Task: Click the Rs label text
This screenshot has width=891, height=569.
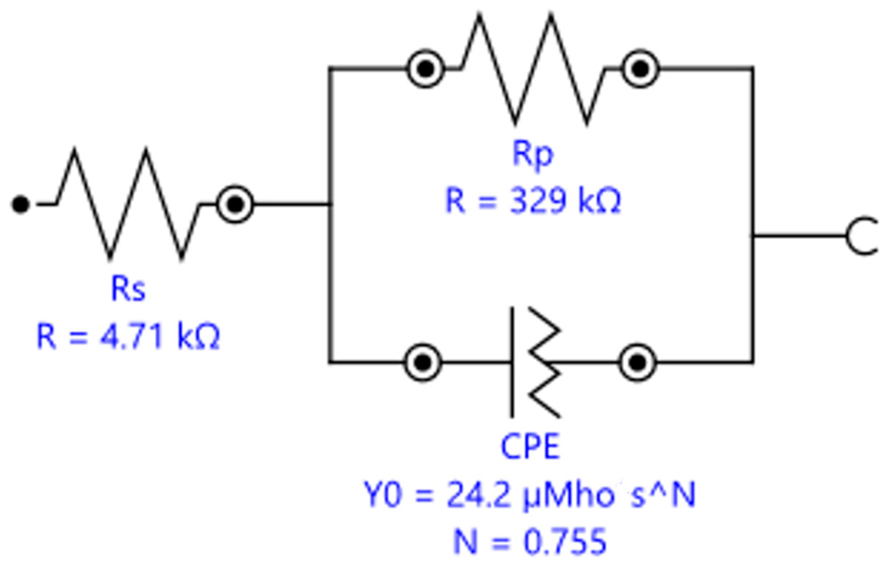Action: (128, 289)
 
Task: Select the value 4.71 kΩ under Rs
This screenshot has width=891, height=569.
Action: (128, 337)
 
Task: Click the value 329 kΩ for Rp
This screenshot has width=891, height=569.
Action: (533, 201)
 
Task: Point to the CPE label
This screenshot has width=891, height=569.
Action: (530, 447)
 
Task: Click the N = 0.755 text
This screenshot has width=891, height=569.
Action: (530, 541)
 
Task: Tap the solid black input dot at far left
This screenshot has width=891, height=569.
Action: (20, 204)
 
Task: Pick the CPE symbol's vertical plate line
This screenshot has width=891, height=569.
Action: (512, 363)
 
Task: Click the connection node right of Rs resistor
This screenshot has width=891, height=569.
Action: (235, 204)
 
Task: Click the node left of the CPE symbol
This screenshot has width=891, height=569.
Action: (423, 363)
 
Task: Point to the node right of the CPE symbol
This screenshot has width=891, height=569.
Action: (638, 363)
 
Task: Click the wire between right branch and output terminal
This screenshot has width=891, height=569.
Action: (800, 236)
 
